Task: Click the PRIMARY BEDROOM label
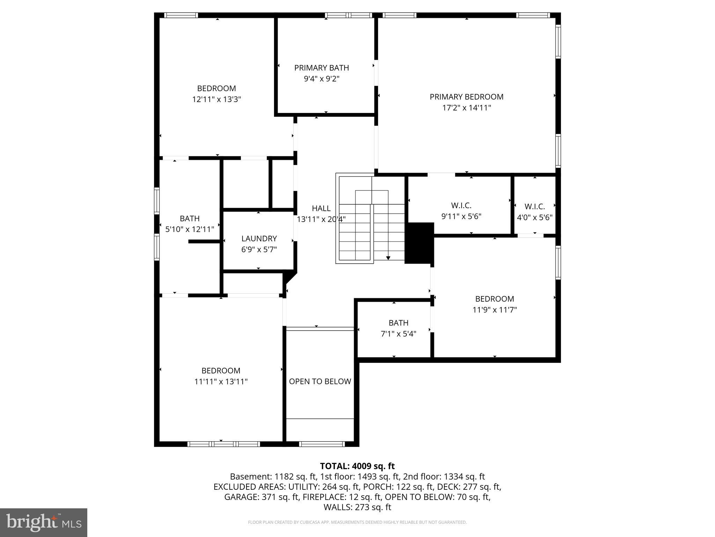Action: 466,97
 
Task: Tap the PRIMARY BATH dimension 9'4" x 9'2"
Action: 322,79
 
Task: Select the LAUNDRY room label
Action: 259,238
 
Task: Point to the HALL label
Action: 321,208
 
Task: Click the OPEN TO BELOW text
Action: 320,381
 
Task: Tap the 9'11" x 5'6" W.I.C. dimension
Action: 461,216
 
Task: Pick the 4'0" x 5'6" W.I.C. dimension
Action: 535,217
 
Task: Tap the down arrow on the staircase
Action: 388,258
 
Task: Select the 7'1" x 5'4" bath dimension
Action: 398,334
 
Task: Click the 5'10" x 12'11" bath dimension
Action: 190,229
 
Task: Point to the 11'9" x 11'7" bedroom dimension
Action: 494,310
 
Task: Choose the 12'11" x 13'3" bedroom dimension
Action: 216,99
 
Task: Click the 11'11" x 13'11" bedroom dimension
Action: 221,381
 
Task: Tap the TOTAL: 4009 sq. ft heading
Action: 357,466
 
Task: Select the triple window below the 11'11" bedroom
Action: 224,444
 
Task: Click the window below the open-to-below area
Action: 322,444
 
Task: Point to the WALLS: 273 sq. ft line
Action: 357,507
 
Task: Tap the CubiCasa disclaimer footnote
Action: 357,522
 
